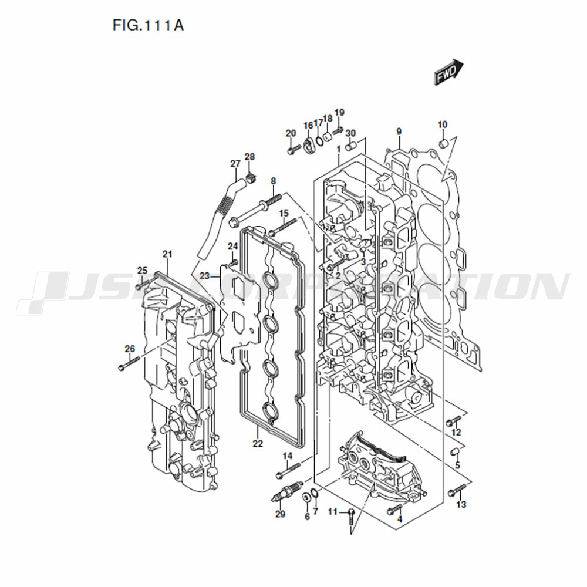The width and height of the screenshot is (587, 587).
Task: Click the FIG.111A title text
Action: click(148, 25)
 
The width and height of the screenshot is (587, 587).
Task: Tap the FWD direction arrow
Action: click(448, 72)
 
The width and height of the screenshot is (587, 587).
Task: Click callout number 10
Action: click(443, 124)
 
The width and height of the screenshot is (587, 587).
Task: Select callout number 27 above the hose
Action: click(235, 164)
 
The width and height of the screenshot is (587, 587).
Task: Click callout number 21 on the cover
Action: click(167, 254)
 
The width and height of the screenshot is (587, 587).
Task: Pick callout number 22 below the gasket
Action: click(258, 444)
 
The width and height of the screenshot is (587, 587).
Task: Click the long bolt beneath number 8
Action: click(256, 208)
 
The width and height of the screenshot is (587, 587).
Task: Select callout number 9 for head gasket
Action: click(399, 131)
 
